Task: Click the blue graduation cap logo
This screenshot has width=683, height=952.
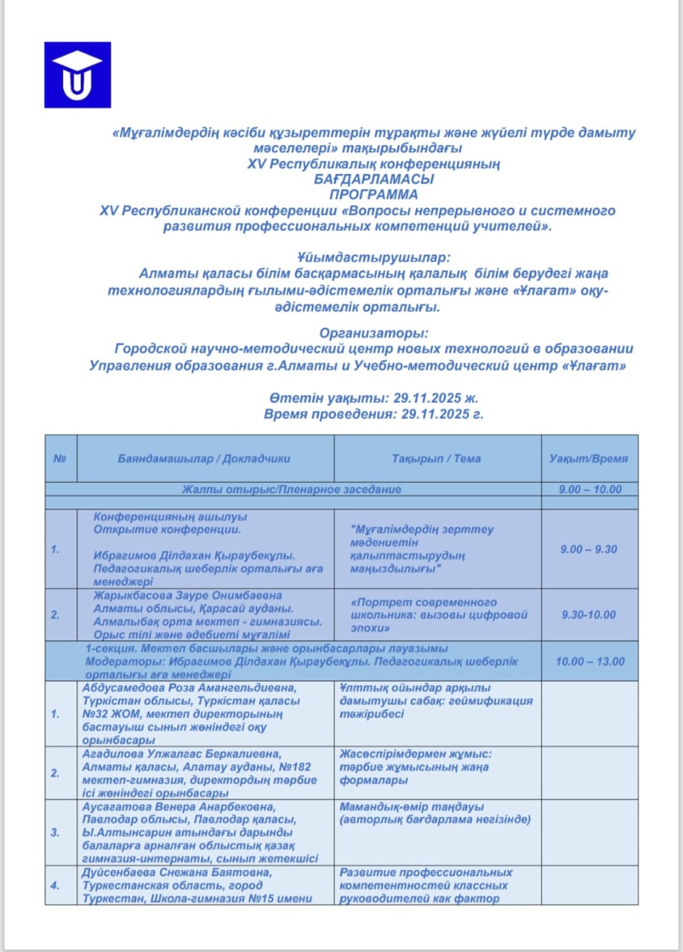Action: pos(77,75)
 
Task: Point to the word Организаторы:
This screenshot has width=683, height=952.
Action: pos(374,332)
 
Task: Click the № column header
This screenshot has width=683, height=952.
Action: pos(60,458)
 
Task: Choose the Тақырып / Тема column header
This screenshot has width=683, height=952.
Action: pos(436,458)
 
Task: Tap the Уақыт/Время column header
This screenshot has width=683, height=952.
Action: pos(588,458)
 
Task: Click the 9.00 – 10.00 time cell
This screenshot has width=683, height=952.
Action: pos(589,489)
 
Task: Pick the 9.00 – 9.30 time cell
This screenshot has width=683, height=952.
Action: pos(589,549)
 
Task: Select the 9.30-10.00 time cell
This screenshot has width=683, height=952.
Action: pos(589,614)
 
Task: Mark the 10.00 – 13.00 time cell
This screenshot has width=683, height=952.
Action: pos(589,661)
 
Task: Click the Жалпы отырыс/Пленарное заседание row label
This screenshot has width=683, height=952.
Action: pos(292,489)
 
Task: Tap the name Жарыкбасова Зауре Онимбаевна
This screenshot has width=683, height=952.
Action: pos(188,596)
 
